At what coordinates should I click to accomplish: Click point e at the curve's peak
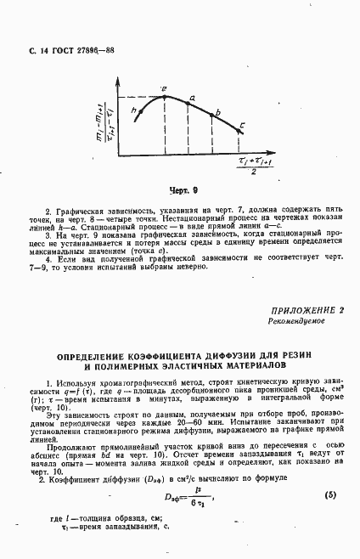click(x=164, y=96)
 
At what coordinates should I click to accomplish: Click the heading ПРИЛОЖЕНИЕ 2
click(x=307, y=312)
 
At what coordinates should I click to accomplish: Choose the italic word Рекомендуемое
click(x=295, y=323)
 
